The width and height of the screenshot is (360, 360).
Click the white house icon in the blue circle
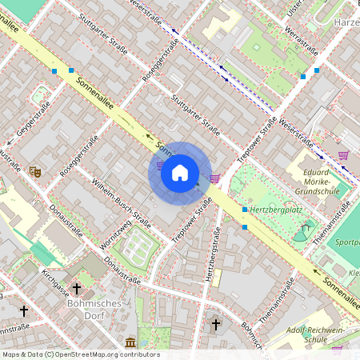point(180,173)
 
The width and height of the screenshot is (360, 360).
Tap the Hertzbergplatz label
point(278,209)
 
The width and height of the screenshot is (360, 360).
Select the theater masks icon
point(34,171)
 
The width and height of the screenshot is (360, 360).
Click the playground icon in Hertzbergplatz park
point(301,234)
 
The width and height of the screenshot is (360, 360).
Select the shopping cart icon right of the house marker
point(214,178)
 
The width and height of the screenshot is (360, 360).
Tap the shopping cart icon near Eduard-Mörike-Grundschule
point(343,155)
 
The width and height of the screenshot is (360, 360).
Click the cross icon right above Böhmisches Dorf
point(77,288)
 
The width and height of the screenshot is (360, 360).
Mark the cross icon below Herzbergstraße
point(215,325)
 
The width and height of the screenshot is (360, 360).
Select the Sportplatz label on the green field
point(346,241)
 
